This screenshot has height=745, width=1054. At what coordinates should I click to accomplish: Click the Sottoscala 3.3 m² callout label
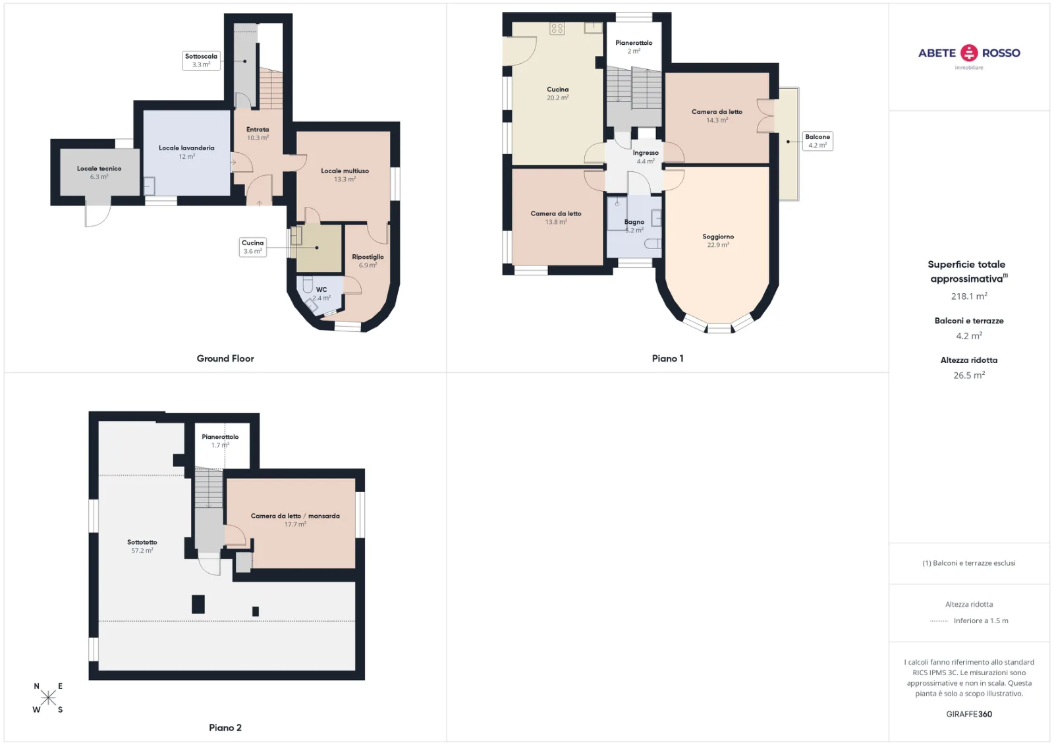tap(201, 61)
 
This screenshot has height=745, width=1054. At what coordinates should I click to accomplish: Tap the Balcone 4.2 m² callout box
tap(818, 141)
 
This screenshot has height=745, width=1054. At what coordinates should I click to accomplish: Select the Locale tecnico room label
tap(99, 173)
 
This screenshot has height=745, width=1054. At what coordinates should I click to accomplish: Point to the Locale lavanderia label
tap(186, 152)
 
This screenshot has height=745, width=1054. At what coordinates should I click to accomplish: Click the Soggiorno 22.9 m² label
tap(718, 240)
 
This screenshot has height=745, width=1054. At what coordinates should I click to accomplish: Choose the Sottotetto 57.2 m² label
tap(142, 546)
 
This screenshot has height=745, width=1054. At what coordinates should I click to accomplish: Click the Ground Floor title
tap(225, 358)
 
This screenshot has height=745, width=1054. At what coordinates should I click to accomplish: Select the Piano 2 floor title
tap(225, 728)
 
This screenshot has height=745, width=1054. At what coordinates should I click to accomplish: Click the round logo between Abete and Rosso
tap(969, 53)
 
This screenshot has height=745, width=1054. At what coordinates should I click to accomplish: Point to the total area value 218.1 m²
tap(969, 296)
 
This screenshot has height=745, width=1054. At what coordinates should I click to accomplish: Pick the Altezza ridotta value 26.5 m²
tap(969, 375)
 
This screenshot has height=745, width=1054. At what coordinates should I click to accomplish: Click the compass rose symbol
tap(48, 698)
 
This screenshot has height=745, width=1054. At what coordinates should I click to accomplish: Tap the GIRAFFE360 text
tap(969, 714)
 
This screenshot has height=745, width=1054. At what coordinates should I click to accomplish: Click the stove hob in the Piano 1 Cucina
tap(557, 28)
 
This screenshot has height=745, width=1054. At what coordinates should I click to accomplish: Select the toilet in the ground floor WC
tap(307, 285)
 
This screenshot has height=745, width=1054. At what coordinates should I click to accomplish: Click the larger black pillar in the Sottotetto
tap(198, 604)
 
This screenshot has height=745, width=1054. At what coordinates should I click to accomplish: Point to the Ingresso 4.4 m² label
tap(646, 157)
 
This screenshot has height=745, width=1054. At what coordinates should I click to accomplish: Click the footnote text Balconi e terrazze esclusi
tap(969, 563)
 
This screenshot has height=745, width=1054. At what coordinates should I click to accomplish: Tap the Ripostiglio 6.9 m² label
tap(368, 261)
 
